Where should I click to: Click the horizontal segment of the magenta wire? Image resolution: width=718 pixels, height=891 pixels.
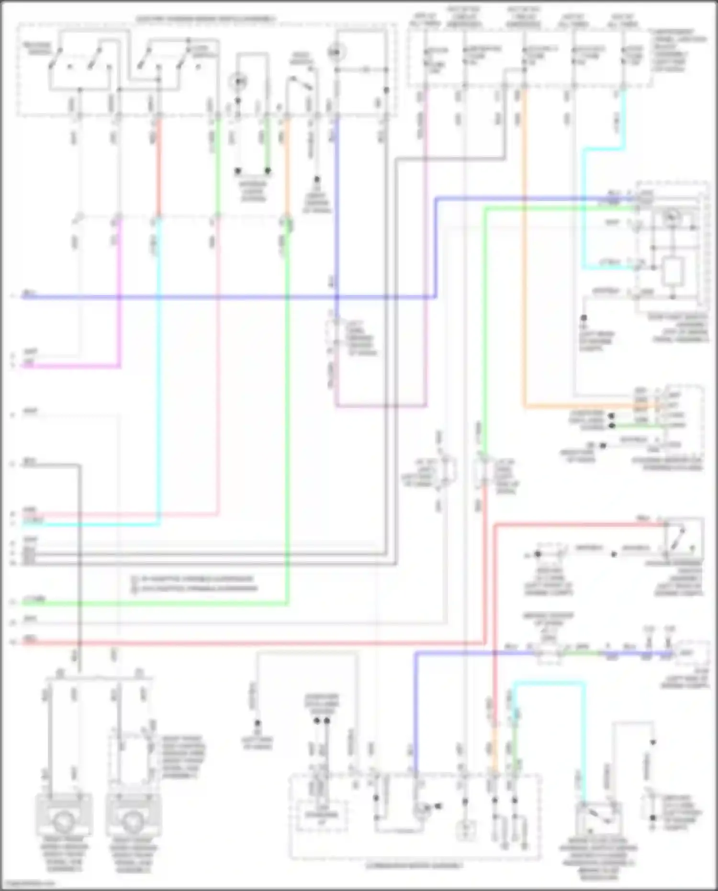tap(72, 367)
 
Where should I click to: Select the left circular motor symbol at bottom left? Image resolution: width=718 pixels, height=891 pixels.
tap(63, 822)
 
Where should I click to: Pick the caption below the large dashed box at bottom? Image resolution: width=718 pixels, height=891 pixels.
tap(414, 866)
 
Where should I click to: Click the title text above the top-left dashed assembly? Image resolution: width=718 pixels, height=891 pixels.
tap(206, 19)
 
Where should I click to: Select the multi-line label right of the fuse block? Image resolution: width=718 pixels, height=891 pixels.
tap(679, 50)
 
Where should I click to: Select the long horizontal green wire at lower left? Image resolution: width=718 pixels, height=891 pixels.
tap(153, 604)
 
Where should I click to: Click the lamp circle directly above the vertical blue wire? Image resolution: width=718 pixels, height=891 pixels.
tap(336, 51)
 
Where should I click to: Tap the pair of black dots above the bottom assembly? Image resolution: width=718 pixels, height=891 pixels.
tap(321, 721)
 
